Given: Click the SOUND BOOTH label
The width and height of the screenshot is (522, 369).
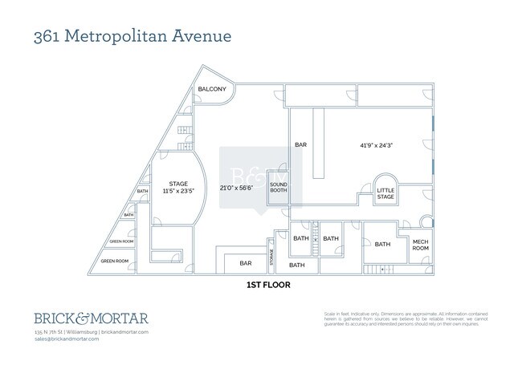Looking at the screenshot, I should (x=278, y=187).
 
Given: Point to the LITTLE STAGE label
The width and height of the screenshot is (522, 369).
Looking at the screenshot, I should (x=386, y=193).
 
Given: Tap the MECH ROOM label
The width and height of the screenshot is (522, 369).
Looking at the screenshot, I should (x=421, y=245).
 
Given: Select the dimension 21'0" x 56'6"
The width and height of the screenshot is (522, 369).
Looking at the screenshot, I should (x=236, y=188).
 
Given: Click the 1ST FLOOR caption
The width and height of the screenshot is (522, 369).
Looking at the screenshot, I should (x=267, y=285).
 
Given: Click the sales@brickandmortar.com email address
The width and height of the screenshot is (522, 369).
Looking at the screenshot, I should (x=67, y=339).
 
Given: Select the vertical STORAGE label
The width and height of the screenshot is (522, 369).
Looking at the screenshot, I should (x=271, y=257).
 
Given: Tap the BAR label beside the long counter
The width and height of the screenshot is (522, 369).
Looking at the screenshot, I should (x=301, y=145).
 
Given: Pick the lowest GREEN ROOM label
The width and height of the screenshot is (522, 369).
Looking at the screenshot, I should (x=114, y=261).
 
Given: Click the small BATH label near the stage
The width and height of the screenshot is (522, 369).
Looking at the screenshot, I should (x=142, y=191).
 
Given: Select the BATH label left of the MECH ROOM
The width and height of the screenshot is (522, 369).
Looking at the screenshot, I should (x=382, y=244).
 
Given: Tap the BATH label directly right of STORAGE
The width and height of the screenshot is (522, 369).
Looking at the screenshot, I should (x=297, y=265).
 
